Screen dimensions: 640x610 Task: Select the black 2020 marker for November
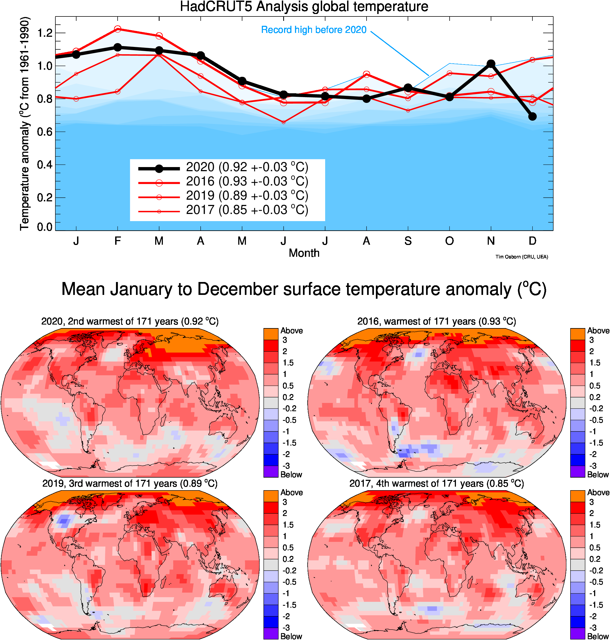coord(491,64)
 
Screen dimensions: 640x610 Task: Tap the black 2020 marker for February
coord(118,47)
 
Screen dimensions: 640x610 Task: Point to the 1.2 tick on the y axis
coord(45,33)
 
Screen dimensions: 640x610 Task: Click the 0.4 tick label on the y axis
coord(45,165)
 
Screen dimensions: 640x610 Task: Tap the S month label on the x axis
coord(408,241)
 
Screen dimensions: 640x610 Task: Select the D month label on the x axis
coord(532,241)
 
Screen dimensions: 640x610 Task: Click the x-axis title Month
coord(304,253)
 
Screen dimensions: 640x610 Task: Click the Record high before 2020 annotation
coord(314,30)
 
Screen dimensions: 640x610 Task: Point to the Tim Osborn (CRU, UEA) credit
coord(521,257)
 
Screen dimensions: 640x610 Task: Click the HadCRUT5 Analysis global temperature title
coord(304,7)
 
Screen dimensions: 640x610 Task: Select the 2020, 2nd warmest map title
coord(130,322)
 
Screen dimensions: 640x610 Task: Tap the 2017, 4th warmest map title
coord(436,484)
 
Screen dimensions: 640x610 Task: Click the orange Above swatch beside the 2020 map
coord(271,334)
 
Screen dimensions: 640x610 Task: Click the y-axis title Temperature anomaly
coord(25,124)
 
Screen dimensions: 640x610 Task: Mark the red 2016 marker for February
coord(118,29)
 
